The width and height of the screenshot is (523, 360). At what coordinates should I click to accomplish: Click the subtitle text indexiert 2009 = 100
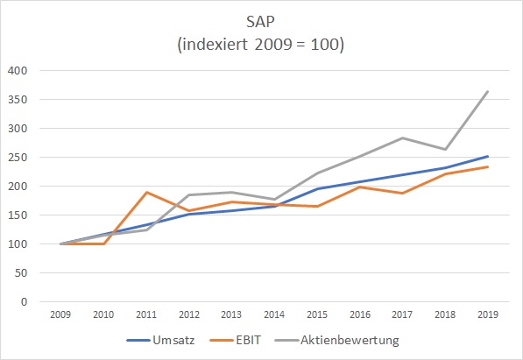pyautogui.click(x=260, y=44)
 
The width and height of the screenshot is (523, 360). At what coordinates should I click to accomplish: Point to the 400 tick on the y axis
pyautogui.click(x=17, y=71)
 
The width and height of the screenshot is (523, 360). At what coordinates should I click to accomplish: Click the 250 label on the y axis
pyautogui.click(x=17, y=158)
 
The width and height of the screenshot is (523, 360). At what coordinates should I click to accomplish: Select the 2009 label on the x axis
pyautogui.click(x=60, y=314)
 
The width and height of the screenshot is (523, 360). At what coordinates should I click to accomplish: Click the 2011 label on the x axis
pyautogui.click(x=147, y=314)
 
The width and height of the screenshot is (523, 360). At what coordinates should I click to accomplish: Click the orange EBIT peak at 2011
pyautogui.click(x=146, y=192)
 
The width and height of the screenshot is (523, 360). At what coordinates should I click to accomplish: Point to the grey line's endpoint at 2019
pyautogui.click(x=489, y=91)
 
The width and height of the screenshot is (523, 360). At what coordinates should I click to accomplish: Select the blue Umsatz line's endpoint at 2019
pyautogui.click(x=489, y=157)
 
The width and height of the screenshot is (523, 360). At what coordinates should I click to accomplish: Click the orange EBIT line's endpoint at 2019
pyautogui.click(x=489, y=166)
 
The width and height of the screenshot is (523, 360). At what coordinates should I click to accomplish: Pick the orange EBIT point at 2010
pyautogui.click(x=103, y=244)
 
